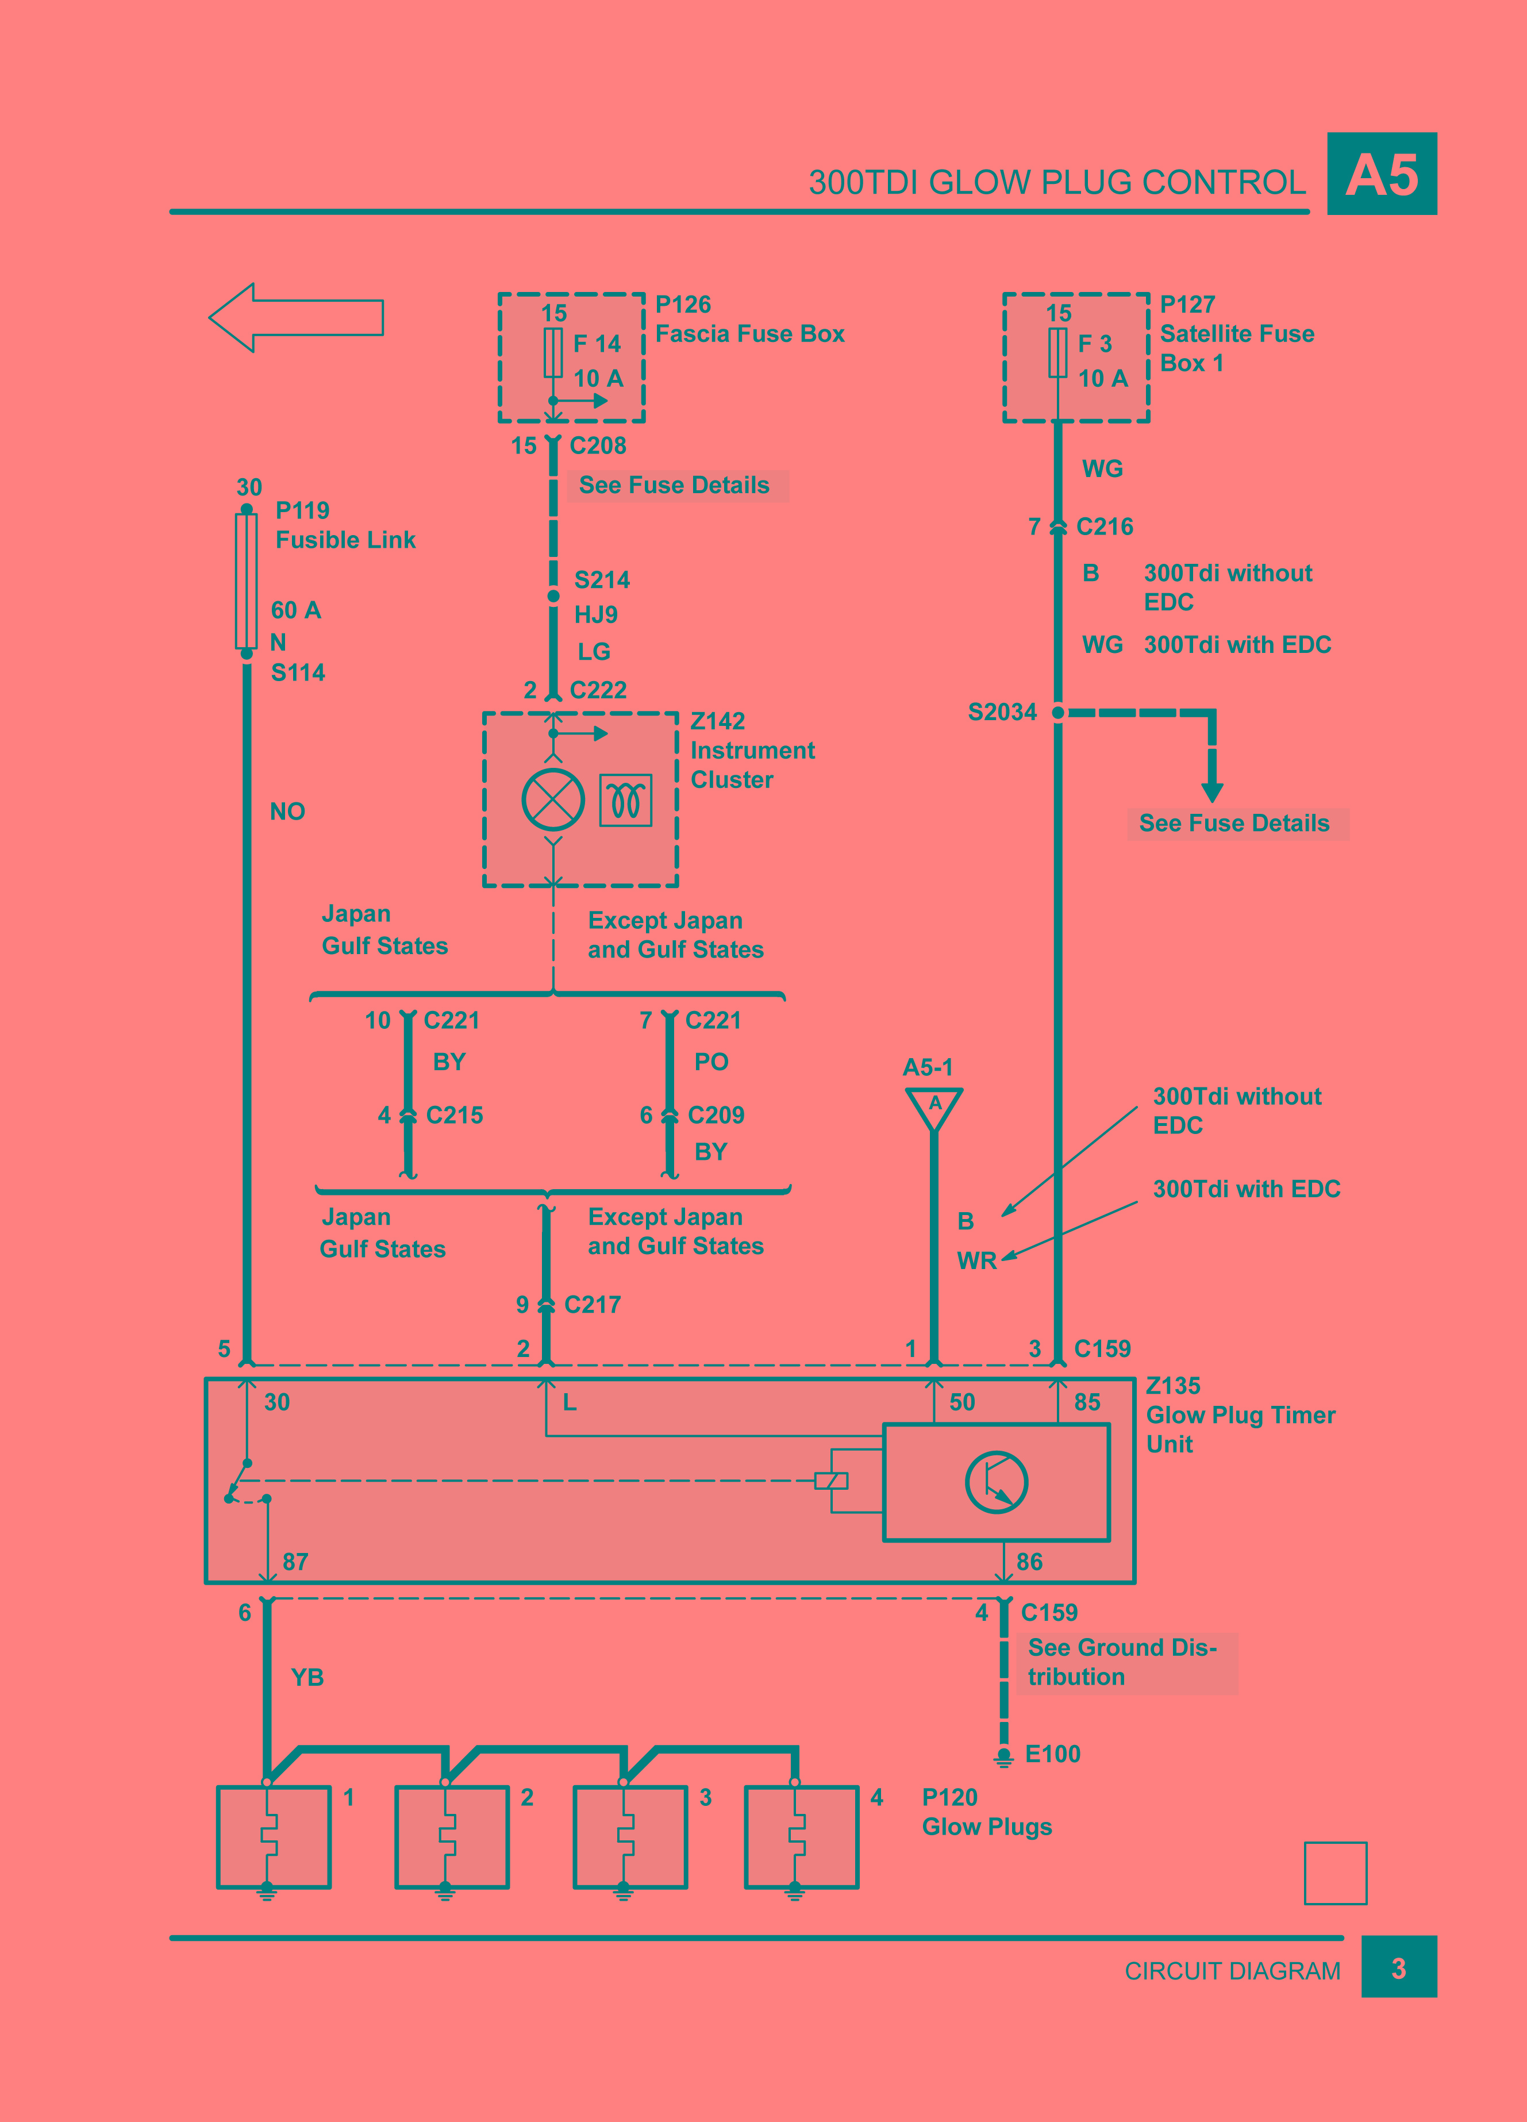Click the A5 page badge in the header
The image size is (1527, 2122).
(1381, 174)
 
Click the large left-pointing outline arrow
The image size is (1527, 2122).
(295, 318)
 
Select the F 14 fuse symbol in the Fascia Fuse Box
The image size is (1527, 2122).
(553, 353)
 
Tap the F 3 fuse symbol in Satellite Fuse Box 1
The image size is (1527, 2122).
(1057, 353)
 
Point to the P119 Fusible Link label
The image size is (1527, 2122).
(344, 525)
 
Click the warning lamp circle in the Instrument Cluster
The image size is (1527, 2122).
(553, 800)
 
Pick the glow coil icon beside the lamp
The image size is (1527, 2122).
(626, 800)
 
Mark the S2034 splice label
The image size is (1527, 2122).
(1002, 712)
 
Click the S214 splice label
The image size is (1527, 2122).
(602, 580)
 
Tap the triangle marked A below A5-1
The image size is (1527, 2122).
(934, 1107)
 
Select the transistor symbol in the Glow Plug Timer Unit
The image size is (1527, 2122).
(997, 1482)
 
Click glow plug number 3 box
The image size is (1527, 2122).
(630, 1837)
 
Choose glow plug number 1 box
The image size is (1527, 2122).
(273, 1837)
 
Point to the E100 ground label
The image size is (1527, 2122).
(1053, 1754)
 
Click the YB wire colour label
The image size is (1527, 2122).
(307, 1678)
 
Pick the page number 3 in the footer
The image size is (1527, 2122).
(1398, 1970)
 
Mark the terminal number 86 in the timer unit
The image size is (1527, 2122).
(1029, 1562)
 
